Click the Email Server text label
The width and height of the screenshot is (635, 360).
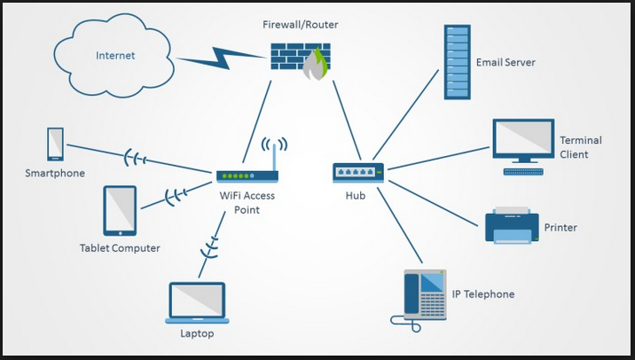(505, 63)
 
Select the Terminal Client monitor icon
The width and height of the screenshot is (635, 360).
(522, 139)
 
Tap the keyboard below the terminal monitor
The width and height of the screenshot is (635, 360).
(522, 169)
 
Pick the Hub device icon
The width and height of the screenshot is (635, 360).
(358, 172)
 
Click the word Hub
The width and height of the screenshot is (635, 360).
(355, 195)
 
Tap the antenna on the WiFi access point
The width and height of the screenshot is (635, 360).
(274, 154)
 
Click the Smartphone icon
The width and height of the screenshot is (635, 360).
(55, 145)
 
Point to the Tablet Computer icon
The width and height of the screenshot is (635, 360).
(120, 210)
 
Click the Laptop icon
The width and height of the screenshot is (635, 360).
(198, 303)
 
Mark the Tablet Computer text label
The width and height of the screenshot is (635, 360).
(120, 248)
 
